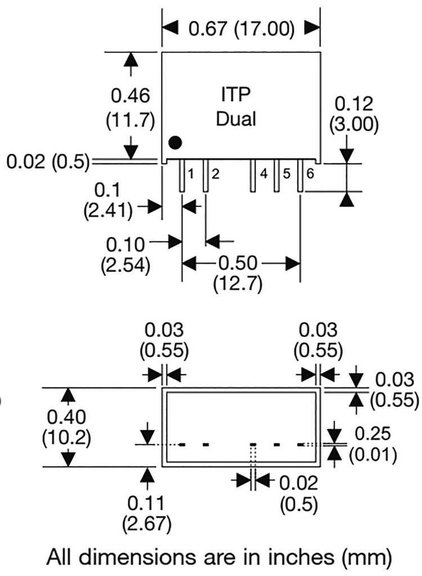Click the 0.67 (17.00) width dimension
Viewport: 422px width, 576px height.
pos(241,29)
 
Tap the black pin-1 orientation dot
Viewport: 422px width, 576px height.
pos(176,142)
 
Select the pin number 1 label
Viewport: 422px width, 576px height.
pos(191,174)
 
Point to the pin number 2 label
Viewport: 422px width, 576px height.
pos(214,174)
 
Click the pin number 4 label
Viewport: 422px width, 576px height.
pos(263,174)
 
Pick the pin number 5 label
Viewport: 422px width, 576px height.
pos(286,174)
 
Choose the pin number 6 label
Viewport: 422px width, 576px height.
pos(310,174)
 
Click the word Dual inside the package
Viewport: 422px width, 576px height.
pos(236,119)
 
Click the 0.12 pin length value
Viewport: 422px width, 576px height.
pos(353,104)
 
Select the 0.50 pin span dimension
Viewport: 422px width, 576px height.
pos(241,263)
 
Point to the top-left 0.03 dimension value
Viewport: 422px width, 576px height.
pos(163,330)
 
